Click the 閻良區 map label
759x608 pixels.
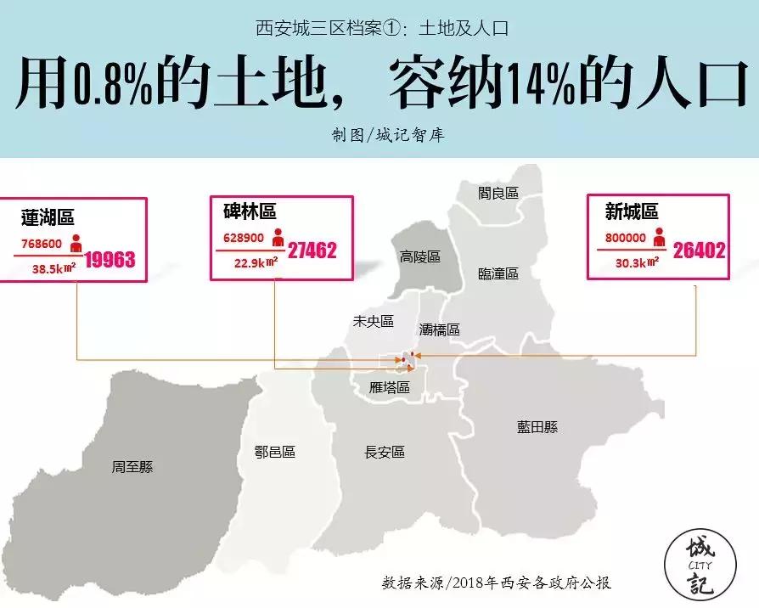(x=498, y=194)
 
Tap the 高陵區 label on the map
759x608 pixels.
(x=420, y=256)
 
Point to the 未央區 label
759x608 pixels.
(x=374, y=322)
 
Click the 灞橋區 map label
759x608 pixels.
(x=440, y=329)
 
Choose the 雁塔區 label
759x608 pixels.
(x=390, y=387)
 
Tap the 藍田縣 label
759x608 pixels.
(x=537, y=427)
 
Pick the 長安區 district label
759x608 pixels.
(x=385, y=453)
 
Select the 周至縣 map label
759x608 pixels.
(x=132, y=467)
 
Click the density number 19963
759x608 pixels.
(x=110, y=259)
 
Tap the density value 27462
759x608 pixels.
(x=312, y=251)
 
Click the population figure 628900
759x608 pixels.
(x=243, y=239)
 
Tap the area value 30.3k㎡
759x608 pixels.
(x=636, y=263)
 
